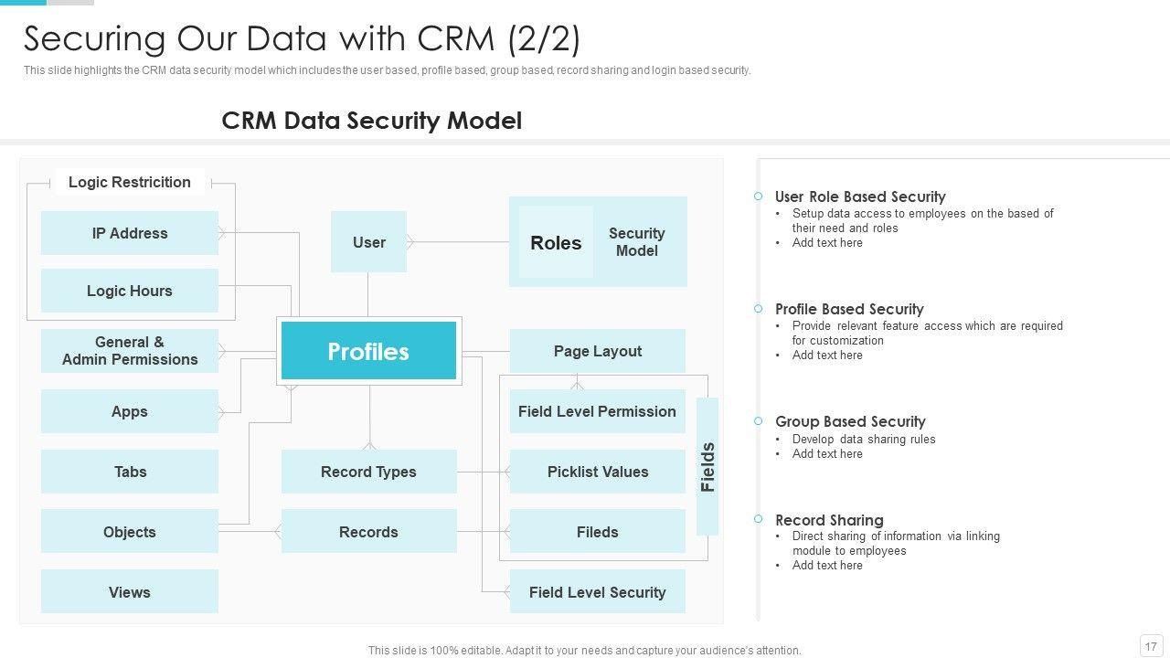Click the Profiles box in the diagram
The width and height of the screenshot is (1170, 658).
[368, 351]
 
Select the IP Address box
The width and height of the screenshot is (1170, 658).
[130, 233]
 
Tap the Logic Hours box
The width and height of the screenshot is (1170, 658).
[130, 291]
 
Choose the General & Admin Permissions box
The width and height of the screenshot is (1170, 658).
[130, 351]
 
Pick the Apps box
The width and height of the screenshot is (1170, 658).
[130, 411]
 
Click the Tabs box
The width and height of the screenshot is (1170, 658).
[130, 472]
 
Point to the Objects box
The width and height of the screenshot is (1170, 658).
[130, 532]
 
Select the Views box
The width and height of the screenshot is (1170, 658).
[130, 592]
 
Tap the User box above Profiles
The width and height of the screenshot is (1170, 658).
[368, 242]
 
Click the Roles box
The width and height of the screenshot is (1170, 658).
[556, 242]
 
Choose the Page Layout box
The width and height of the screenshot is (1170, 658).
[597, 351]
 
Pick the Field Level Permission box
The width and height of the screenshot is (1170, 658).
[597, 411]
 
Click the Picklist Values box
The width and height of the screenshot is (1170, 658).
[597, 472]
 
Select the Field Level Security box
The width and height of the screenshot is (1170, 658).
[597, 592]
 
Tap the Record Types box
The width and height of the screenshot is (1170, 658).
[368, 472]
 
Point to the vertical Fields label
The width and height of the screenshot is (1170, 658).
[707, 467]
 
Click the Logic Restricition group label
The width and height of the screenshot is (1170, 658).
[130, 182]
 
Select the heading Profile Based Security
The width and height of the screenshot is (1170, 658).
[849, 309]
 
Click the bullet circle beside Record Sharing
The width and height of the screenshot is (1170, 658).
[758, 519]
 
